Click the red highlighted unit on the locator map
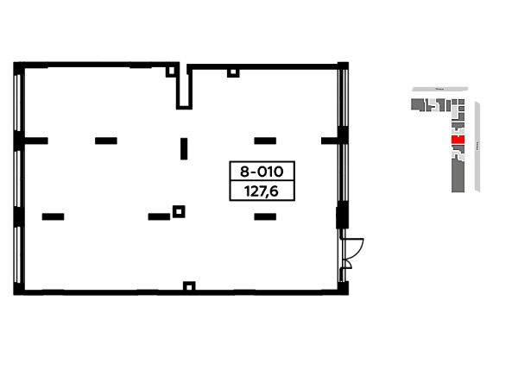pyautogui.click(x=458, y=140)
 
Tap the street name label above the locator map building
pyautogui.click(x=439, y=89)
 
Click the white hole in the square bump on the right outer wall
pyautogui.click(x=355, y=245)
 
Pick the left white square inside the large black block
pyautogui.click(x=239, y=190)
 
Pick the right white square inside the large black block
pyautogui.click(x=287, y=190)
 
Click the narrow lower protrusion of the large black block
pyautogui.click(x=265, y=213)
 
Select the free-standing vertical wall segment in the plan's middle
pyautogui.click(x=186, y=147)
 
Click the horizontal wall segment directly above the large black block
pyautogui.click(x=265, y=138)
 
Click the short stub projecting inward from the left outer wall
pyautogui.click(x=38, y=138)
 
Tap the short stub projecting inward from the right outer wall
pyautogui.click(x=325, y=138)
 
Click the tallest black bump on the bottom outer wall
pyautogui.click(x=190, y=282)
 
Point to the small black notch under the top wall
pyautogui.click(x=231, y=79)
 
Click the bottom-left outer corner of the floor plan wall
pyautogui.click(x=9, y=294)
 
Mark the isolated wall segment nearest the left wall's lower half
pyautogui.click(x=55, y=214)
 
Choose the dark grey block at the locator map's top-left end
pyautogui.click(x=417, y=104)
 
